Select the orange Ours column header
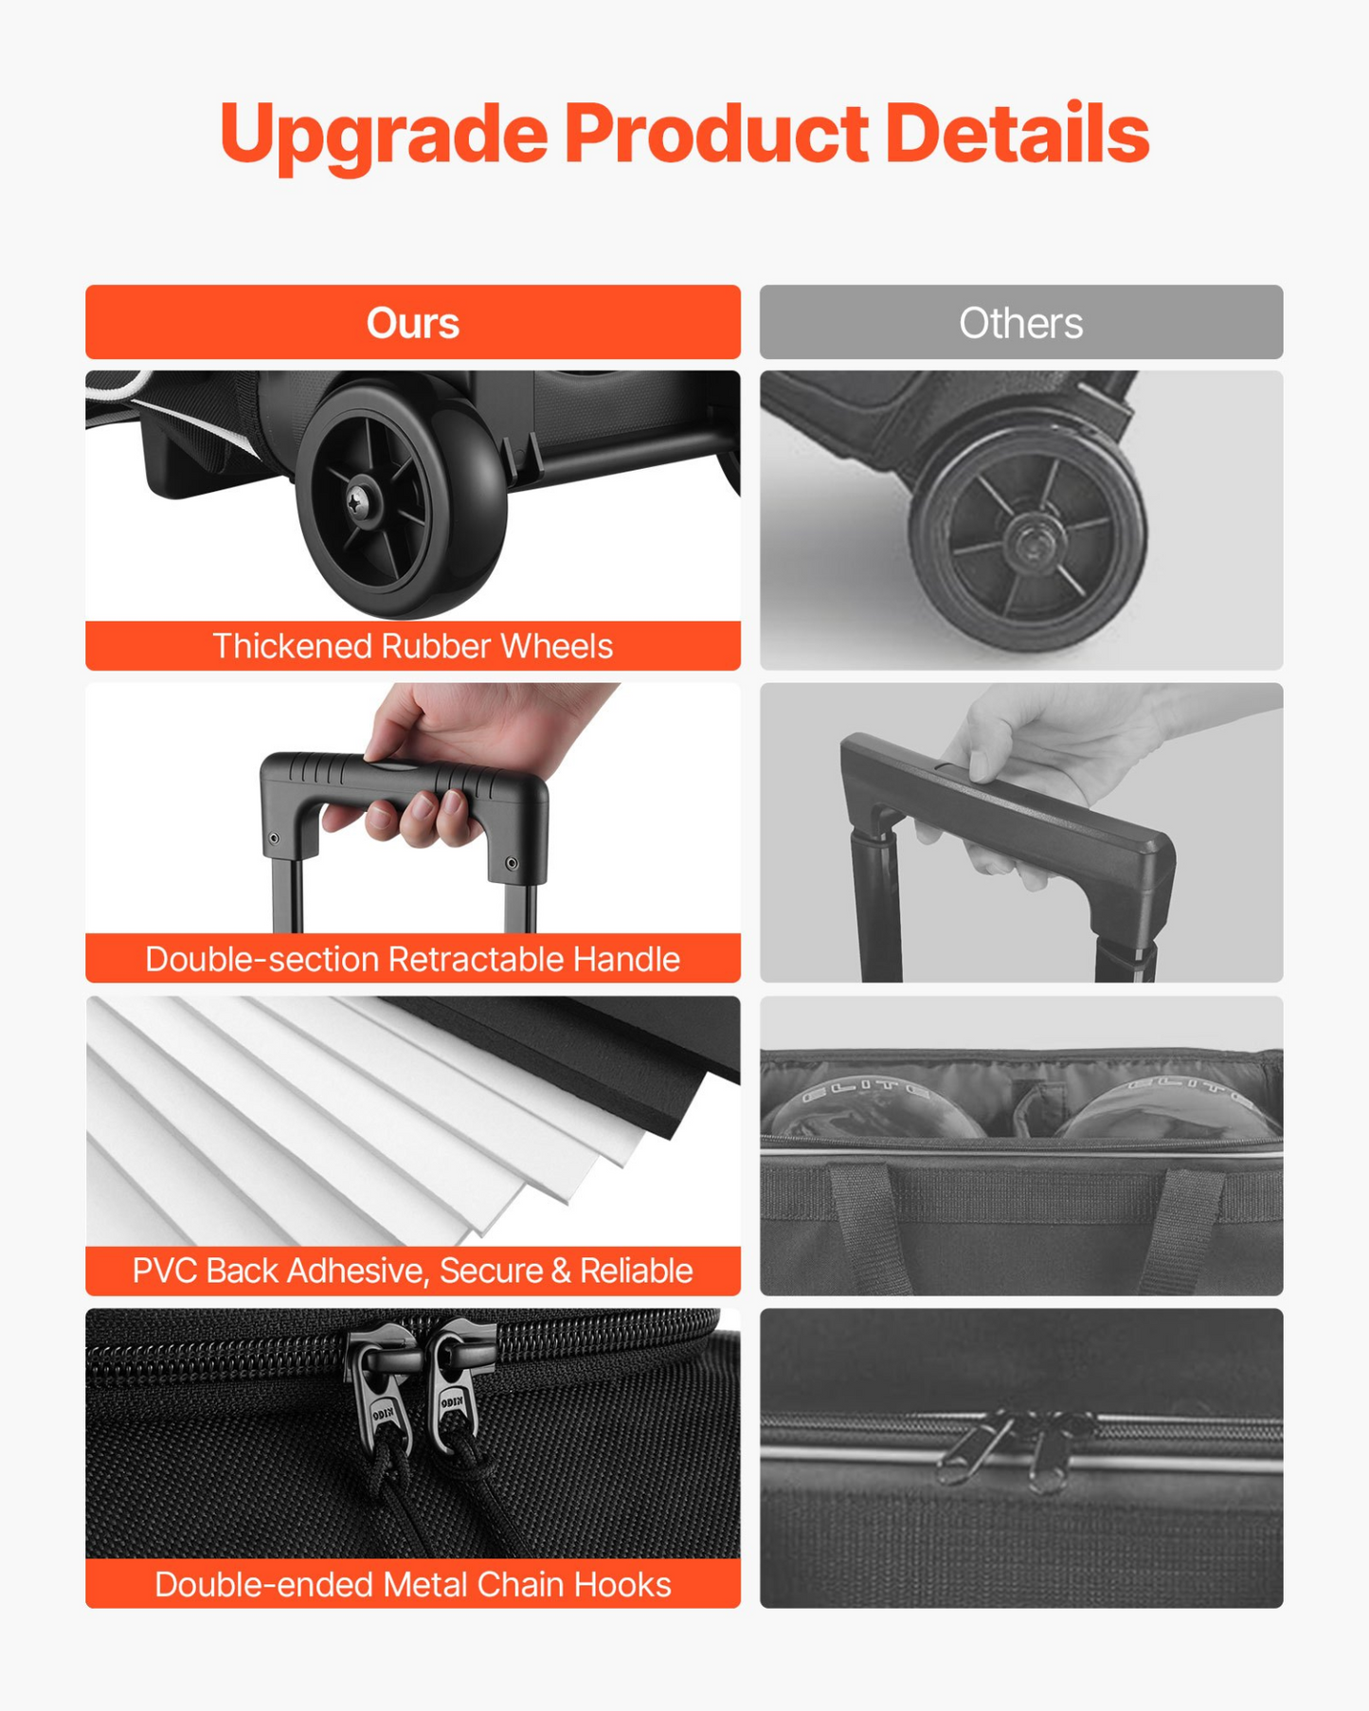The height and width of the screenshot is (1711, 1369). pos(413,322)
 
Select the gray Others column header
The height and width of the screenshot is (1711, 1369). pos(1021,322)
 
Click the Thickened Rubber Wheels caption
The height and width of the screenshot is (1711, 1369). pos(413,646)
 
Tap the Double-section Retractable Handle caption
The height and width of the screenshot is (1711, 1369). pos(413,959)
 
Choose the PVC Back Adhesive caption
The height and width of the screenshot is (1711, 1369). pos(413,1270)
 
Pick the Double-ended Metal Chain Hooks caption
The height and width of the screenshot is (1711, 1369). pos(413,1584)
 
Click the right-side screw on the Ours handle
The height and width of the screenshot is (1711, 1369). pos(512,863)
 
